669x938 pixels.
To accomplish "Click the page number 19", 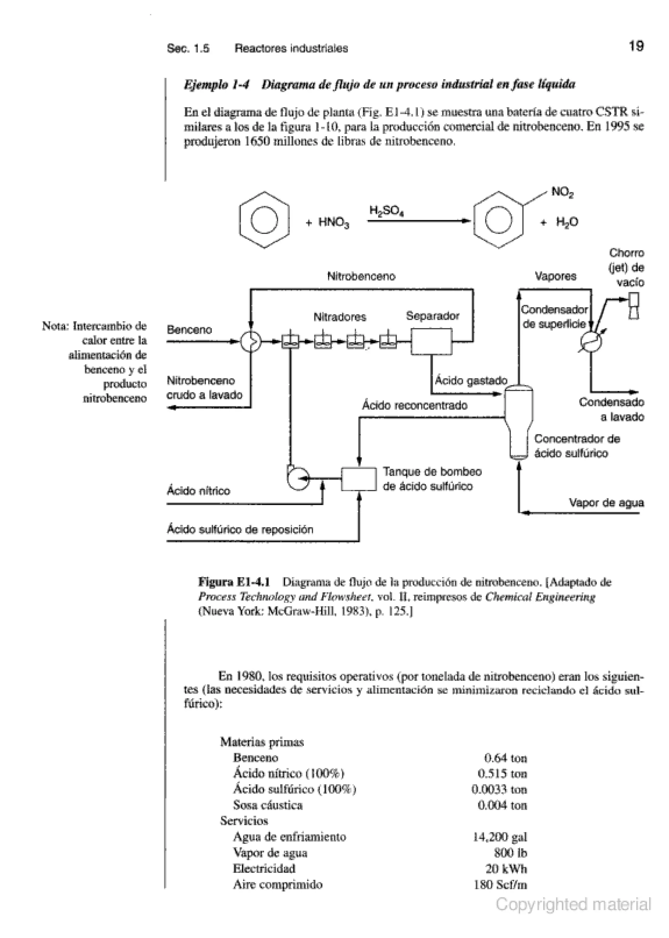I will [x=636, y=46].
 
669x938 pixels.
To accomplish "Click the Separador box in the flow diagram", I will [x=431, y=341].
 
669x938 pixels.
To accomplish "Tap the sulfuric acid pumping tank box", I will [x=359, y=479].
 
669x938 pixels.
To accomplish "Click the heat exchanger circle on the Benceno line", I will [x=251, y=341].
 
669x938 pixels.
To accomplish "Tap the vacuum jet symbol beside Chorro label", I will [x=634, y=306].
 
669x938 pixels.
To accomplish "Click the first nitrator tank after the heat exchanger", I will [x=290, y=341].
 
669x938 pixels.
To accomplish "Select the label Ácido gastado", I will [x=471, y=380].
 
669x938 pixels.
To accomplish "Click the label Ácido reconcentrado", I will [x=415, y=405].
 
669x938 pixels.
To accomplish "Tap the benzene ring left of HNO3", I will [x=264, y=220].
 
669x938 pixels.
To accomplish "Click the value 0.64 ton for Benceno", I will [x=505, y=758].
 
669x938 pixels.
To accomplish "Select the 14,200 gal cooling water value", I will [x=500, y=837].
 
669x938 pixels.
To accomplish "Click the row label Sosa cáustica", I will [x=268, y=805].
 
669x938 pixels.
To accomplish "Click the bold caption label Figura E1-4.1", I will [x=234, y=582].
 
